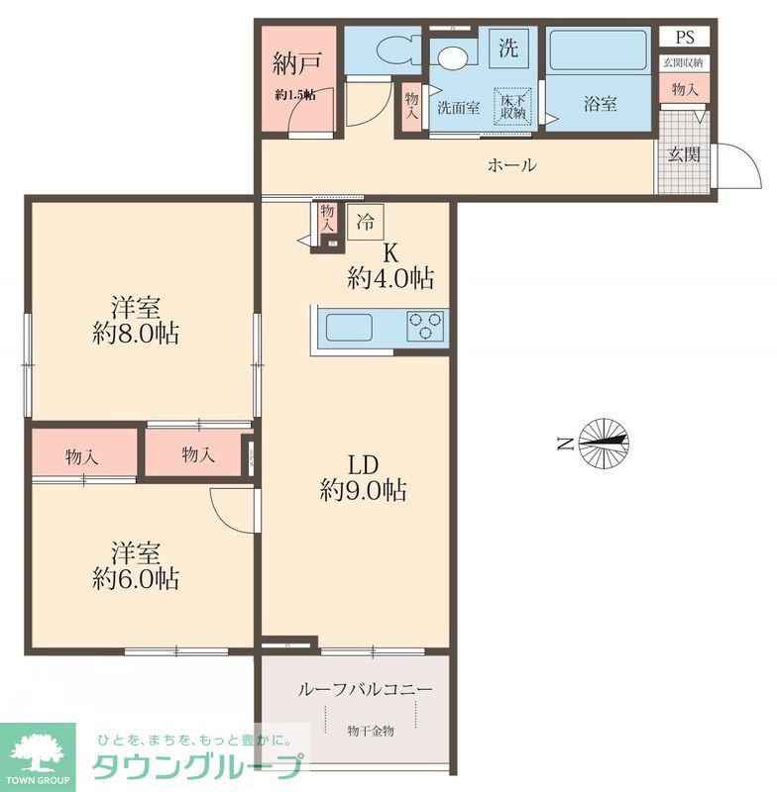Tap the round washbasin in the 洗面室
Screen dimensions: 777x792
tap(453, 57)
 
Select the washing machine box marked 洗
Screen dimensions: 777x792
tap(509, 48)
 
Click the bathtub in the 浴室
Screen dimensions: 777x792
tap(598, 50)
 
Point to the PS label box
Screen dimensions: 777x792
tap(684, 38)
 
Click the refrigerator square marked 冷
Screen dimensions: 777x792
tap(366, 221)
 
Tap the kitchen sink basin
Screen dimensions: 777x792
tap(349, 328)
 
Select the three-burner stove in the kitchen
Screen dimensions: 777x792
tap(425, 326)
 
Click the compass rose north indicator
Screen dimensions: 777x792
tap(604, 442)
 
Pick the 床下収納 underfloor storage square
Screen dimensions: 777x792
tap(513, 106)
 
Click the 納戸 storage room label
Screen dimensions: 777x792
tap(296, 63)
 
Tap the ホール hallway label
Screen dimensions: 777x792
tap(511, 165)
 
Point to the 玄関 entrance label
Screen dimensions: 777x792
tap(684, 154)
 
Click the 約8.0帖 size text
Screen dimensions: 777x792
tap(136, 334)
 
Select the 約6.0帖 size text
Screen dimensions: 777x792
tap(136, 578)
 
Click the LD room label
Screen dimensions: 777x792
tap(363, 465)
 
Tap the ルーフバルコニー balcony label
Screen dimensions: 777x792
tap(365, 689)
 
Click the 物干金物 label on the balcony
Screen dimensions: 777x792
tap(371, 731)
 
